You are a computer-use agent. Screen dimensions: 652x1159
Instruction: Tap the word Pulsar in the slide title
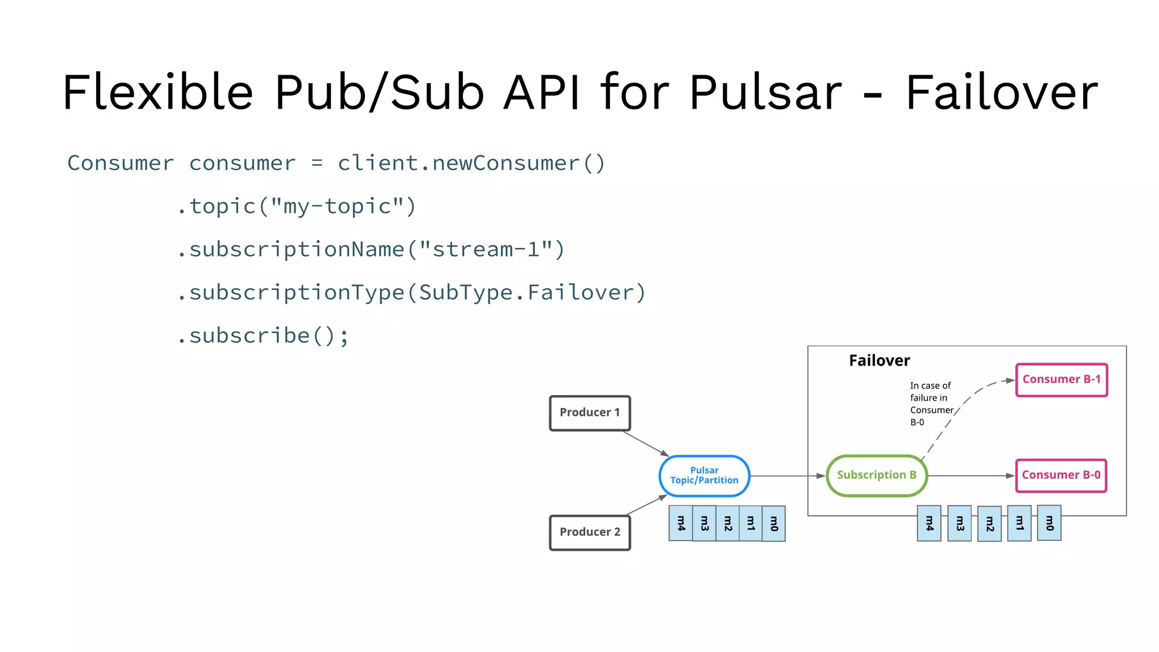point(766,92)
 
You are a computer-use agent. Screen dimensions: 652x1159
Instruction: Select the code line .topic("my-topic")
point(297,207)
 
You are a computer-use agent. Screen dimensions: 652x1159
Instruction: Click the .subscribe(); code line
point(264,336)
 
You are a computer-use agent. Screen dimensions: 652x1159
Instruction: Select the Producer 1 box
point(590,413)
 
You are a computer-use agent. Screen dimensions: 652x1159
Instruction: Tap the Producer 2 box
point(590,533)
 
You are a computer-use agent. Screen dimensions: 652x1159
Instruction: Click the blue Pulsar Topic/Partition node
point(704,476)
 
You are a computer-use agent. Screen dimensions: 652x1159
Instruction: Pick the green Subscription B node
point(876,475)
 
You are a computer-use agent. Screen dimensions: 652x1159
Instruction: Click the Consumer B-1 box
point(1061,380)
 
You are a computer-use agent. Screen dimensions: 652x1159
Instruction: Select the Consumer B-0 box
point(1061,475)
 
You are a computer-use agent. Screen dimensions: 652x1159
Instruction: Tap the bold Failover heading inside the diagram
point(879,361)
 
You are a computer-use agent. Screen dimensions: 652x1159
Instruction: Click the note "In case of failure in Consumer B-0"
point(930,404)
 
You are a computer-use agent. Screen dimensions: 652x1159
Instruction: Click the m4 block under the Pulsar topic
point(681,524)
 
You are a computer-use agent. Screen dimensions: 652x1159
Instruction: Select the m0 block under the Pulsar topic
point(774,524)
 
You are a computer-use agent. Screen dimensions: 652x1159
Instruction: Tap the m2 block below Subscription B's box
point(989,524)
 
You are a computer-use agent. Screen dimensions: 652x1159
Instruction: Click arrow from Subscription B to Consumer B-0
point(971,476)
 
